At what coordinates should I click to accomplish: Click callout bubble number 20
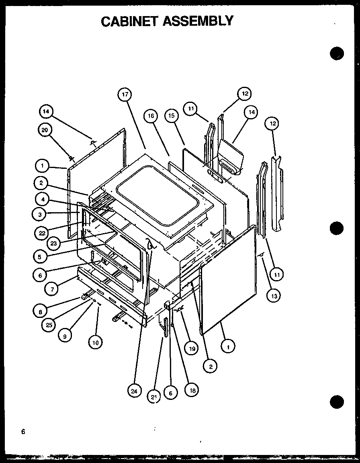coord(45,130)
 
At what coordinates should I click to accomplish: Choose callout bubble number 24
coord(135,390)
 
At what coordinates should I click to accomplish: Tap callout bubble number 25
coord(49,325)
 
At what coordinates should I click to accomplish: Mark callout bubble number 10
coord(95,342)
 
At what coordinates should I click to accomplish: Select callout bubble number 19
coord(192,348)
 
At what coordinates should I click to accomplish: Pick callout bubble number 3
coord(39,215)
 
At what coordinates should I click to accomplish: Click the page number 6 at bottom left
coord(23,432)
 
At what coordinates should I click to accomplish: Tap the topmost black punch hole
coord(337,53)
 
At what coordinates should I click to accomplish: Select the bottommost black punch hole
coord(337,401)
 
